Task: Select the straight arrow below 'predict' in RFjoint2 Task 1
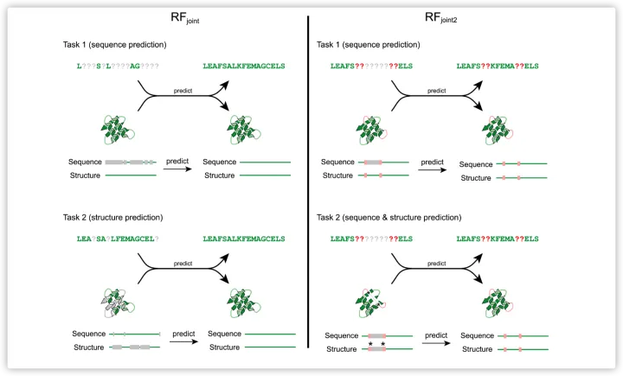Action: coord(431,169)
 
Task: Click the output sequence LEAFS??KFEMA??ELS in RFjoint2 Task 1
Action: coord(503,66)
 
